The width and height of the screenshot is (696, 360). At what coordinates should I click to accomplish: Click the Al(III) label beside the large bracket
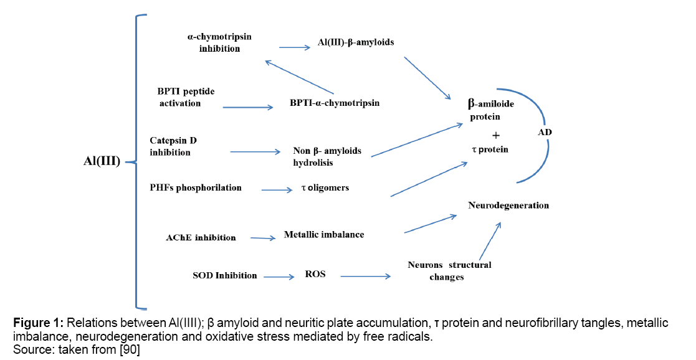click(x=102, y=162)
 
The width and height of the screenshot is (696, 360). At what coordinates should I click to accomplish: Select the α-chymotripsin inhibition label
click(x=219, y=42)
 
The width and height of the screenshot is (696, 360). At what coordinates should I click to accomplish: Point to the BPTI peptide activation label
click(x=186, y=97)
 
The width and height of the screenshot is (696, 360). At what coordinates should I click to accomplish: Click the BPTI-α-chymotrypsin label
click(x=335, y=103)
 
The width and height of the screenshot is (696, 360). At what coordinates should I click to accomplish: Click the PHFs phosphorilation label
click(x=196, y=187)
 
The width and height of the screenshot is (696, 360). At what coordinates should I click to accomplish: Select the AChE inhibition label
click(x=201, y=237)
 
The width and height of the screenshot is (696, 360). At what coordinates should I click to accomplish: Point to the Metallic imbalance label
click(x=324, y=235)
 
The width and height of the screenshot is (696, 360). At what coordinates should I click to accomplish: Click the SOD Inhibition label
click(x=225, y=275)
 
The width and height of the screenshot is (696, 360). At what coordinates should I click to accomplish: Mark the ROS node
click(x=315, y=274)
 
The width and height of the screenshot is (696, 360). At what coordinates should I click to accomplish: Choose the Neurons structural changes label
click(x=449, y=271)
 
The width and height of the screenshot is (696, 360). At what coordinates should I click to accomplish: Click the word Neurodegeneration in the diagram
click(x=508, y=205)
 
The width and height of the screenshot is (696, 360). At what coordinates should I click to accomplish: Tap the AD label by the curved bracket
click(x=545, y=133)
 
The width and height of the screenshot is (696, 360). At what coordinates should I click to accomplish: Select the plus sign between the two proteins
click(x=496, y=135)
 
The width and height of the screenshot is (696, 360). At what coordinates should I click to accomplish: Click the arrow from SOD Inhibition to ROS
click(x=278, y=276)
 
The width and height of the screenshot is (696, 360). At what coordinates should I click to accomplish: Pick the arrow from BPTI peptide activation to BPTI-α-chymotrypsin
click(x=247, y=107)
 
